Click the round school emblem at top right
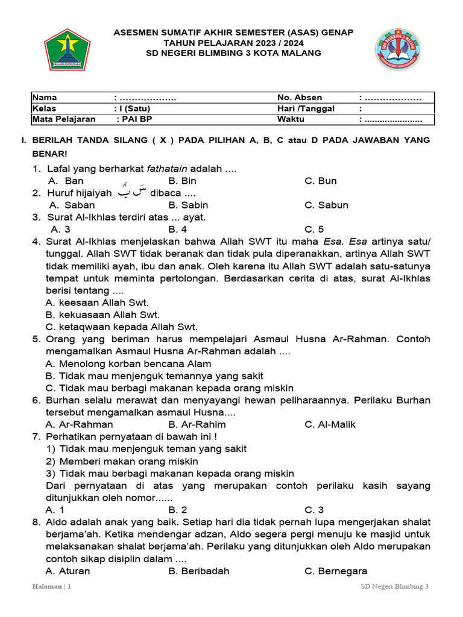pyautogui.click(x=398, y=49)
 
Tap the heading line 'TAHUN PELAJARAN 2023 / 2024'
pyautogui.click(x=233, y=43)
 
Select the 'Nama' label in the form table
pyautogui.click(x=45, y=98)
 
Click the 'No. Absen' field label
pyautogui.click(x=300, y=98)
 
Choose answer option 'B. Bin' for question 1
pyautogui.click(x=183, y=181)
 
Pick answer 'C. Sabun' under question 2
pyautogui.click(x=326, y=205)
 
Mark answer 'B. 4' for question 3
pyautogui.click(x=178, y=229)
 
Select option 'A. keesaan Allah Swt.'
pyautogui.click(x=97, y=302)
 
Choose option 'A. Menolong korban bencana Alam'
pyautogui.click(x=128, y=363)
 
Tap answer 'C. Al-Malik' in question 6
pyautogui.click(x=330, y=424)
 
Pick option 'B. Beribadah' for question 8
pyautogui.click(x=199, y=571)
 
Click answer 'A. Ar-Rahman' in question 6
pyautogui.click(x=79, y=424)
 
